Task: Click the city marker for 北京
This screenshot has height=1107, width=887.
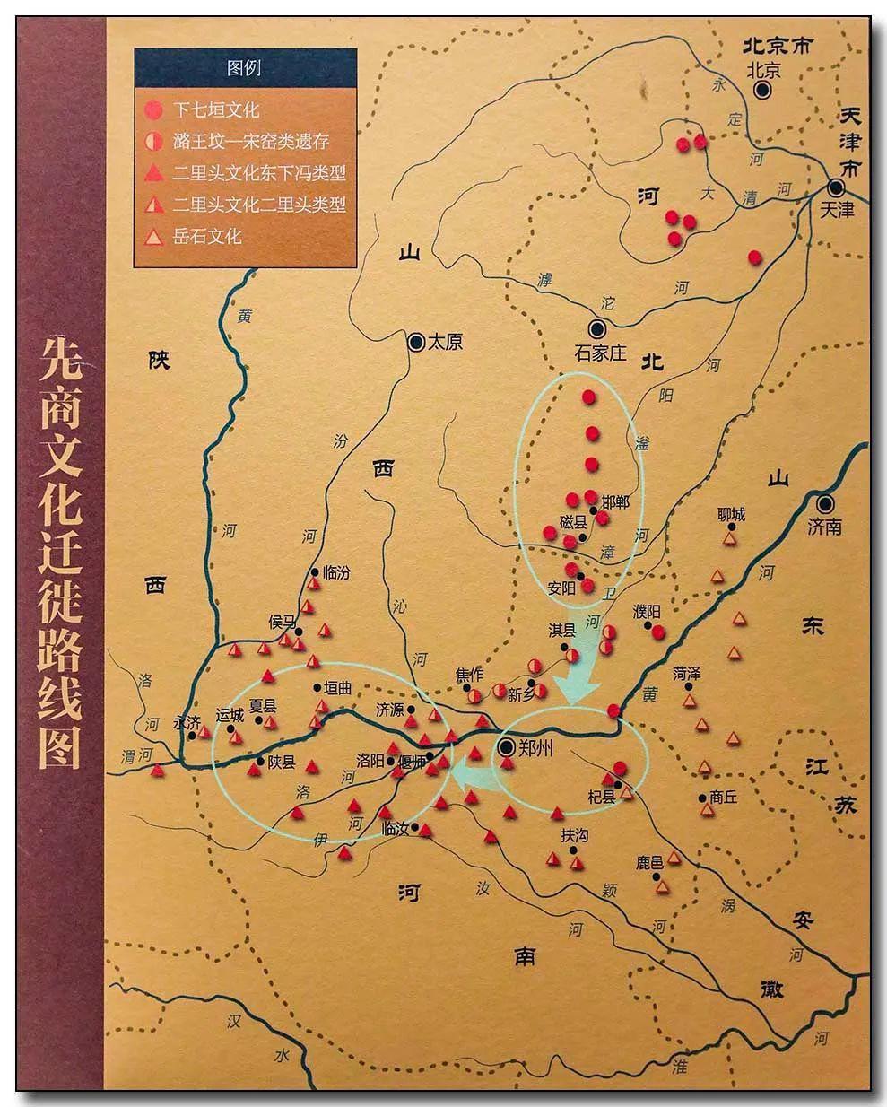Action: tap(763, 90)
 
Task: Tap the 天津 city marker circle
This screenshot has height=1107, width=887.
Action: tap(836, 187)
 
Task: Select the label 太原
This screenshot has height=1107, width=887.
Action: tap(445, 342)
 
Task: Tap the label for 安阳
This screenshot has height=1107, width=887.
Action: tap(561, 590)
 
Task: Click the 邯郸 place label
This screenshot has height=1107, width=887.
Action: tap(616, 502)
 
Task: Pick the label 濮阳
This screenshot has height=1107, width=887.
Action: tap(646, 611)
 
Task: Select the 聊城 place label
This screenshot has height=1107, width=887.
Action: tap(731, 515)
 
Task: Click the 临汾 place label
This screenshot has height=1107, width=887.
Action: tap(335, 572)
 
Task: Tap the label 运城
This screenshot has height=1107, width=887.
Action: tap(230, 716)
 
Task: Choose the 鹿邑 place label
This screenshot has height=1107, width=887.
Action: tap(649, 863)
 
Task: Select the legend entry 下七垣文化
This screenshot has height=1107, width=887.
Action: tap(215, 109)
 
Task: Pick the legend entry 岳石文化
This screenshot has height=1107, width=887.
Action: tap(208, 237)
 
